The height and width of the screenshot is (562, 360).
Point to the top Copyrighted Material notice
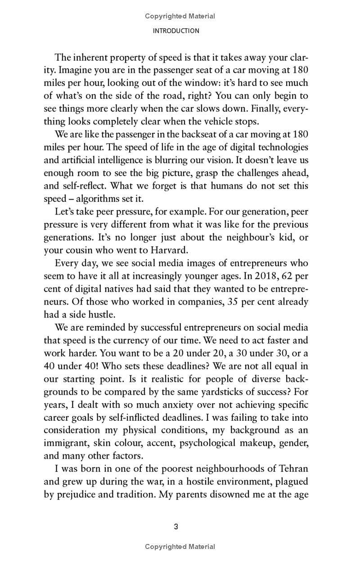(x=180, y=16)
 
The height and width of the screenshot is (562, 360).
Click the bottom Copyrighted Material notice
(x=180, y=547)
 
